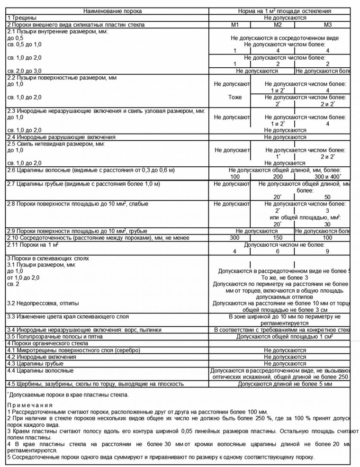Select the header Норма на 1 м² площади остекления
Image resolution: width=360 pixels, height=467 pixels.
pos(284,10)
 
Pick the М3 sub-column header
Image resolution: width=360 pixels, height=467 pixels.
pos(328,25)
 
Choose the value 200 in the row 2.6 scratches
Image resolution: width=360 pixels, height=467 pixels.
pos(278,176)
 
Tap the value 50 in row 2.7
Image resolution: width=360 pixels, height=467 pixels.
pos(327,197)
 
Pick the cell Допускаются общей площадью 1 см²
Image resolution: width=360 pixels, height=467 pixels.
pos(284,336)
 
